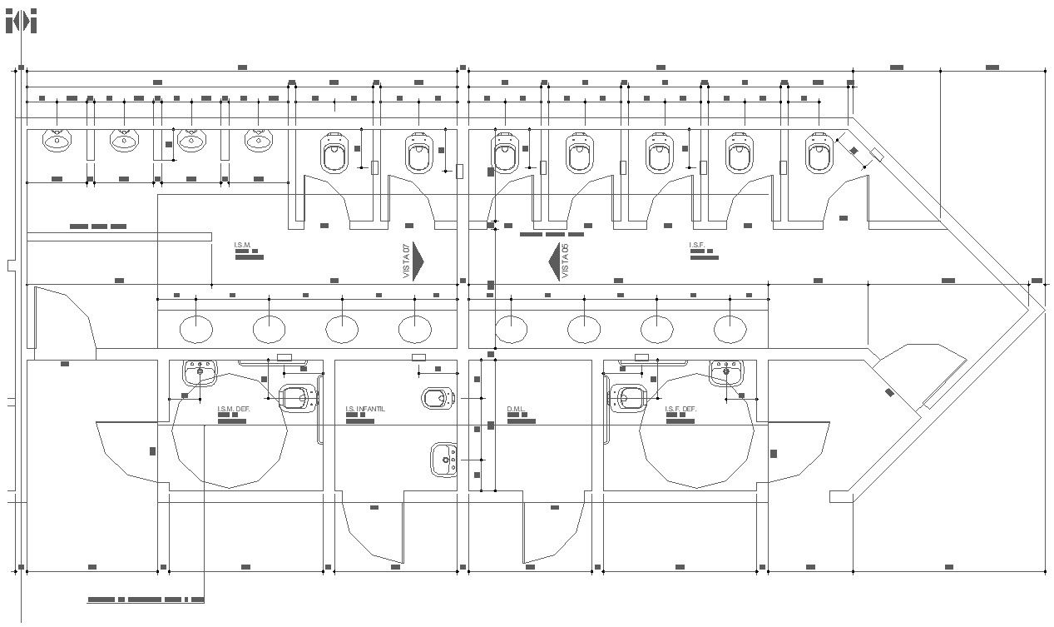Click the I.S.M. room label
[242, 245]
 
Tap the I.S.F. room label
[697, 245]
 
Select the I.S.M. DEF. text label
[234, 409]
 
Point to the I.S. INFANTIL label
[364, 409]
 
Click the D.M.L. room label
[517, 409]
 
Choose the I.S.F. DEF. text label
[680, 409]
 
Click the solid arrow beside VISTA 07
[418, 261]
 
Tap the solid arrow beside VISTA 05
[555, 261]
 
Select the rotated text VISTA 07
[407, 261]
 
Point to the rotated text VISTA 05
[566, 261]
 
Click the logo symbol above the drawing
[22, 22]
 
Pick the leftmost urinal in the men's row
[57, 142]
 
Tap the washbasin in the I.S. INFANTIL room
[443, 458]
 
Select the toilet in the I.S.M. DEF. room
[298, 398]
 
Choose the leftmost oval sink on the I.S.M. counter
[196, 330]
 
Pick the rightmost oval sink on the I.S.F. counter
[729, 330]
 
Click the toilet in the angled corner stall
[819, 153]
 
